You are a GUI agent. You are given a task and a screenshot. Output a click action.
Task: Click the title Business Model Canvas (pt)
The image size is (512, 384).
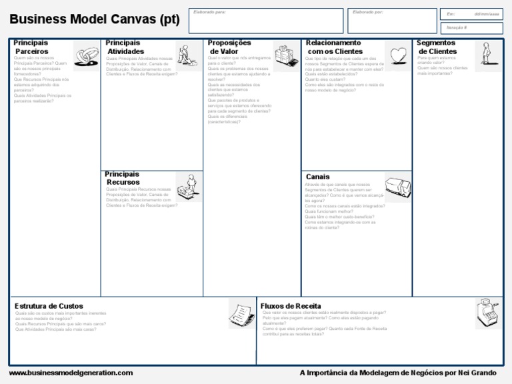coord(95,19)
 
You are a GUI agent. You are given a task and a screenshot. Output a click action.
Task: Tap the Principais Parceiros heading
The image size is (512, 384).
coord(31,47)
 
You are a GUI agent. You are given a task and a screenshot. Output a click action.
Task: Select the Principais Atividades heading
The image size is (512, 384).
coord(125,47)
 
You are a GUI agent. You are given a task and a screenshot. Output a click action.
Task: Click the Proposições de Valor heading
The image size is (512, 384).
coord(229,47)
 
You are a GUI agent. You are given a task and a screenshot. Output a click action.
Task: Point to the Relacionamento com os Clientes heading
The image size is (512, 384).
coord(334,47)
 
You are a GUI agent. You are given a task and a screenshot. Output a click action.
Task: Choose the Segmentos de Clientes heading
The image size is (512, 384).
coord(437,47)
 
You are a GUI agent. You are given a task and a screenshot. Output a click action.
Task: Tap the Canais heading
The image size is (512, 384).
coord(318,177)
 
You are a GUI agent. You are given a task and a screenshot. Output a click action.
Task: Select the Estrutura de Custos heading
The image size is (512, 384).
coord(49,306)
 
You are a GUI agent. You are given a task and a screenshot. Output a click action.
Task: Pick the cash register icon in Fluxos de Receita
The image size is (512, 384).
coord(489,313)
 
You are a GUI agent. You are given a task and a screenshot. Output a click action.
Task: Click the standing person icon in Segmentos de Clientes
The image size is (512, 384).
coord(484,53)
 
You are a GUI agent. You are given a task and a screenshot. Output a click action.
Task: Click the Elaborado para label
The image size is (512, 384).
coord(209,12)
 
